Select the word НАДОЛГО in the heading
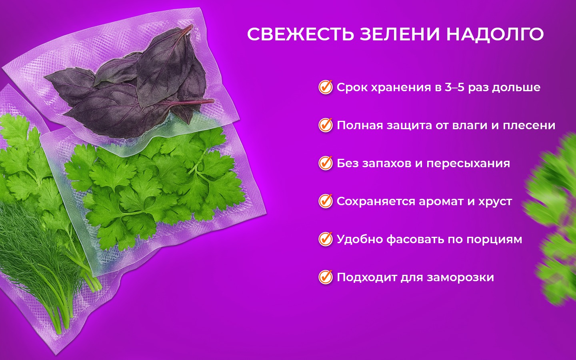tap(495, 34)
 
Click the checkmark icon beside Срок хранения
tap(326, 87)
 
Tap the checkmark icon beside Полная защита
tap(326, 125)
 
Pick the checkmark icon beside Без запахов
tap(326, 163)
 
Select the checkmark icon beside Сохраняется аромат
tap(326, 201)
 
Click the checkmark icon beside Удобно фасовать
tap(326, 239)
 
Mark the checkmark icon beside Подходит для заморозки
tap(326, 277)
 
